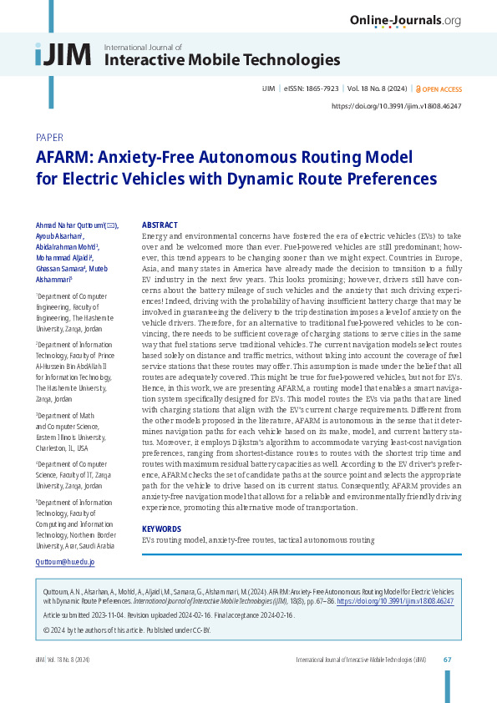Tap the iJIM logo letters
click(63, 54)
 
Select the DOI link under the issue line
click(396, 107)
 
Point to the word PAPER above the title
click(50, 137)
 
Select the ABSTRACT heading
click(160, 225)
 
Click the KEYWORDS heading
click(162, 529)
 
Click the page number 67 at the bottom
click(448, 660)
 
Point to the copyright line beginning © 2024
click(122, 627)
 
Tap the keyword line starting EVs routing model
click(258, 540)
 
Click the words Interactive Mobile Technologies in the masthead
click(221, 59)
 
